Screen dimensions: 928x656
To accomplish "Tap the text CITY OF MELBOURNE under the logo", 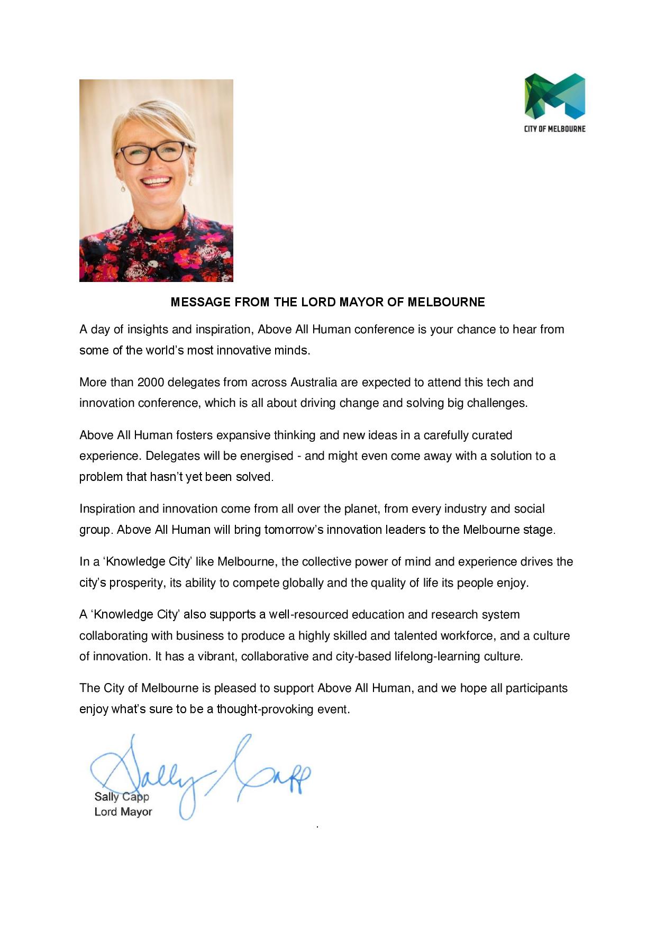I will point(554,129).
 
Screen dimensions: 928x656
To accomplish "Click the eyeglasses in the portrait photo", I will point(152,152).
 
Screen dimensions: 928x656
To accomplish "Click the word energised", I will point(267,456).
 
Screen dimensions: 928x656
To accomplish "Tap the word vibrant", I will point(217,656).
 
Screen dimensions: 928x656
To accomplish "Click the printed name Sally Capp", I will point(122,796).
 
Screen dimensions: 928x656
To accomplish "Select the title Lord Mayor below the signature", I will point(123,812).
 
